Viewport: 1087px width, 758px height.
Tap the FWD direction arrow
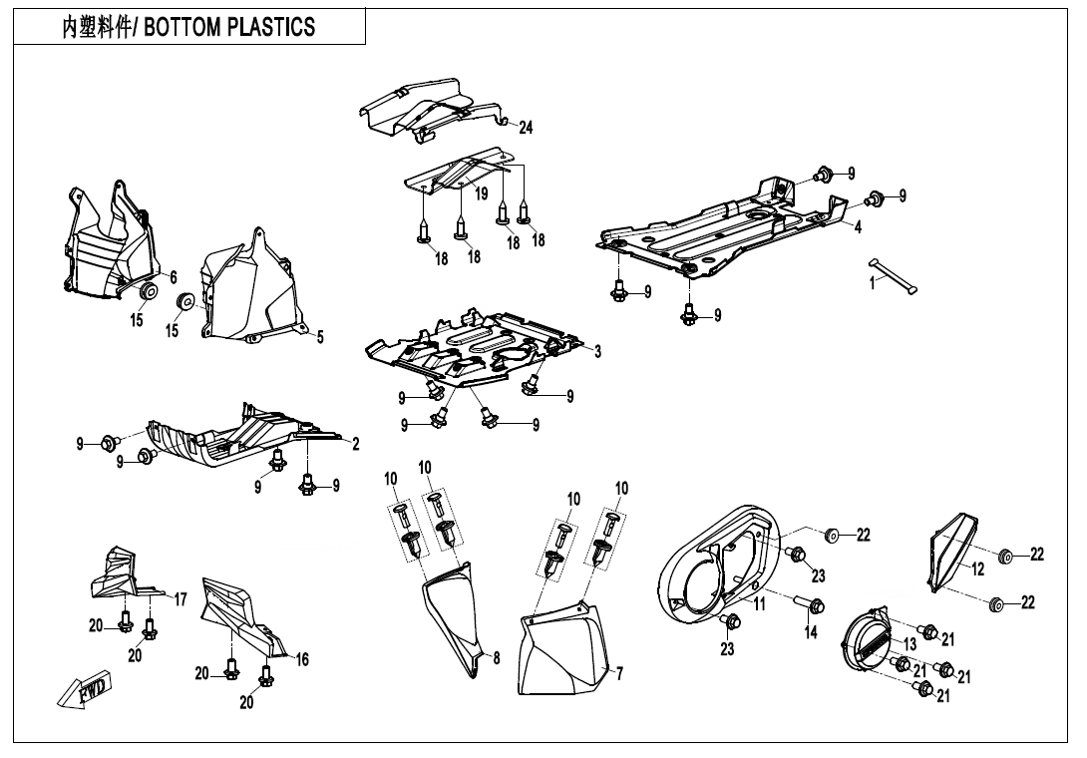coord(85,688)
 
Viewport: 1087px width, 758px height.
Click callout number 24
coord(526,127)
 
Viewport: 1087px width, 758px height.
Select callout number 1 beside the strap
coord(872,283)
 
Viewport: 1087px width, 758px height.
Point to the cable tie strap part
coord(894,274)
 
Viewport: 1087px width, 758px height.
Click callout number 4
coord(857,226)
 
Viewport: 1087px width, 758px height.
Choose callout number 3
coord(597,351)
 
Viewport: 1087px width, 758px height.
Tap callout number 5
coord(320,337)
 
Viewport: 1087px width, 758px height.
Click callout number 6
coord(173,277)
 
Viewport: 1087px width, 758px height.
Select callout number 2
coord(356,444)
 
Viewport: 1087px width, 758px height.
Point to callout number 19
coord(481,192)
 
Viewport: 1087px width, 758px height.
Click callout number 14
coord(811,632)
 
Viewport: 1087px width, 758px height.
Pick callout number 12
coord(978,569)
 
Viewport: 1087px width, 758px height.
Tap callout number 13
coord(909,644)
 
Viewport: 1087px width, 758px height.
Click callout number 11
coord(759,604)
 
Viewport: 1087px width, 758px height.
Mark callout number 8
coord(496,658)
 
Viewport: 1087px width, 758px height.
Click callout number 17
coord(181,599)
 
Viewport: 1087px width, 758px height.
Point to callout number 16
coord(302,659)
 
